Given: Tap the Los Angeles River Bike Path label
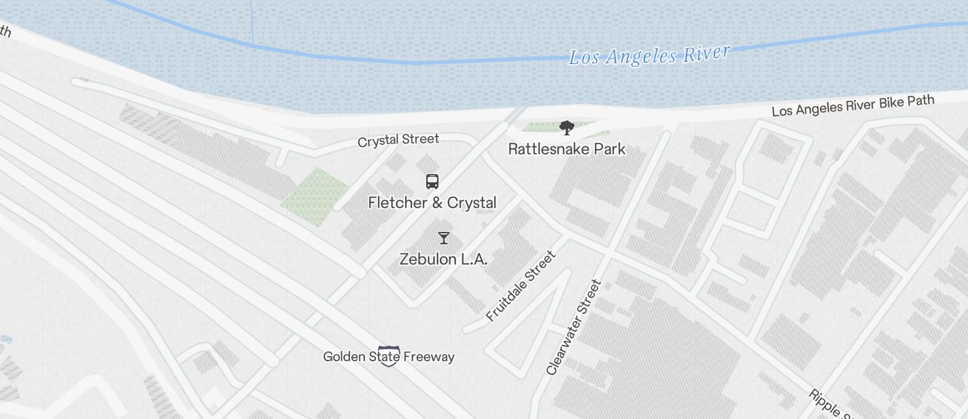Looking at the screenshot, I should [852, 105].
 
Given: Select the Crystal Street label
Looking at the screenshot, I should [398, 140].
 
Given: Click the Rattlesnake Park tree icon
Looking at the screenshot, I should [566, 127].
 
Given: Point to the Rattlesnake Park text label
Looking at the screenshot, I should [566, 148].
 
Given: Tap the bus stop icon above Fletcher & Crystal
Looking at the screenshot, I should [432, 181].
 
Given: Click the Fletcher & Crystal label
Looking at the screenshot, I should [432, 203].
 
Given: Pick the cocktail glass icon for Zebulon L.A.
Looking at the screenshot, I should [444, 237].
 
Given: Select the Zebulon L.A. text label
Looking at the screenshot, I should [444, 259].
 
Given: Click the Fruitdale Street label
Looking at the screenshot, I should [521, 286].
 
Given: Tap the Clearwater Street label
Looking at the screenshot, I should [574, 326].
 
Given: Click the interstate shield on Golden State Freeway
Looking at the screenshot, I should [388, 356].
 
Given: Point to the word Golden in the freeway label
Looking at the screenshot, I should [343, 356].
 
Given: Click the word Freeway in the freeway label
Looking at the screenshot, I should [428, 356].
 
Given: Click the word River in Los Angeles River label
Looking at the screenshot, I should [706, 53].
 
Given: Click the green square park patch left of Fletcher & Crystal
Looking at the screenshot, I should [315, 196].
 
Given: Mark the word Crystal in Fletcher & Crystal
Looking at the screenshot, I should [472, 203].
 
